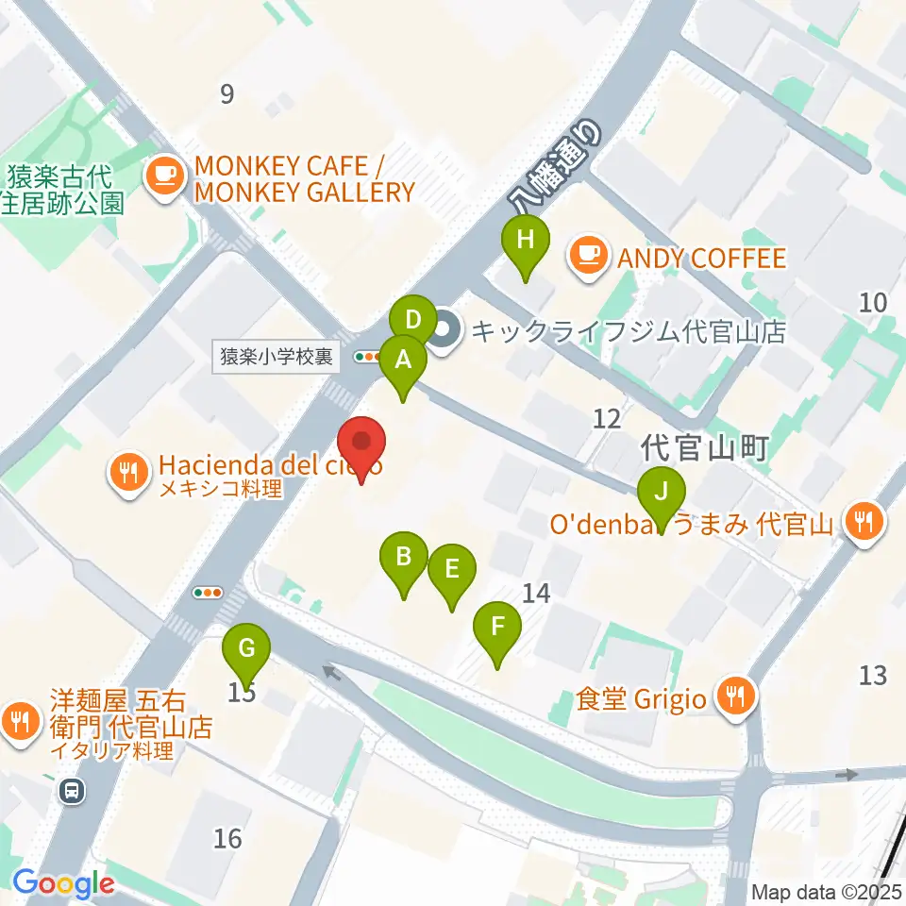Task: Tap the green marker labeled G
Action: point(246,649)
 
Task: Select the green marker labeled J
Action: point(662,492)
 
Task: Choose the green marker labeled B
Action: point(404,557)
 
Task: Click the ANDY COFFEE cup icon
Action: point(590,258)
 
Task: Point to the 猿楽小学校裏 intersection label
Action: point(276,357)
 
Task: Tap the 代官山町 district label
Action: point(705,446)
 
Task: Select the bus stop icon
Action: point(72,792)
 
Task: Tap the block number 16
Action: point(227,837)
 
